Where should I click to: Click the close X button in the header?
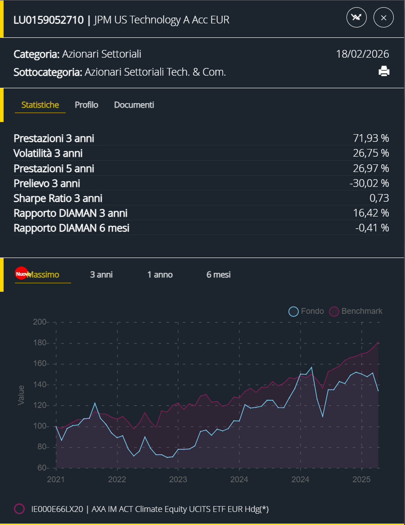(x=383, y=18)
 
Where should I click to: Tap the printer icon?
(x=383, y=71)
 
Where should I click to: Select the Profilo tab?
(x=86, y=105)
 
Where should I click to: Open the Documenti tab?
(x=134, y=105)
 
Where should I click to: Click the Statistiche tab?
(x=40, y=105)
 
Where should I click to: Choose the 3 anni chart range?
(x=101, y=275)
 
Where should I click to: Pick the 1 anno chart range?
(x=160, y=275)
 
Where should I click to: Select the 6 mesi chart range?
(x=219, y=275)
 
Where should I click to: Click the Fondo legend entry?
(x=306, y=311)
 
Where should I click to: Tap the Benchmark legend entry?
(x=356, y=311)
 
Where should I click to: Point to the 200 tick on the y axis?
(x=40, y=322)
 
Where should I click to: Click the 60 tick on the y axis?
(x=41, y=468)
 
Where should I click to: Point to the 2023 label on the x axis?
(x=178, y=480)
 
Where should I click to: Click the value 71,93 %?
(x=371, y=138)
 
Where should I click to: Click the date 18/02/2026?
(x=362, y=54)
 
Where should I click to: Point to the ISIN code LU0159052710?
(x=49, y=20)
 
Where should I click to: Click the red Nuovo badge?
(x=22, y=273)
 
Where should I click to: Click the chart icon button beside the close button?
(x=356, y=18)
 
